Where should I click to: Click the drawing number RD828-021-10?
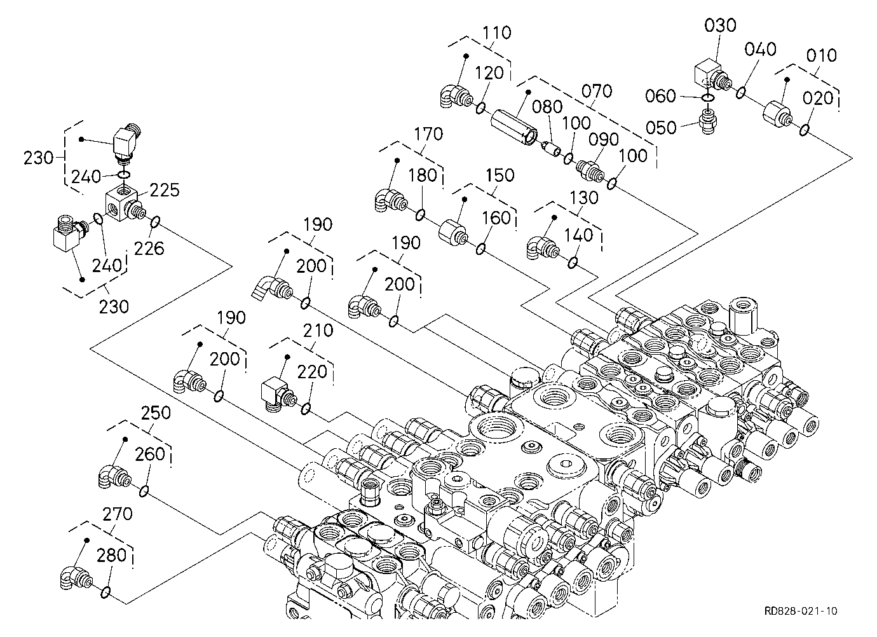pos(801,611)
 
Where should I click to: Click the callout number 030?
pos(720,25)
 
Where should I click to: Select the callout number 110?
pos(496,32)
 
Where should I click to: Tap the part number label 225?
pos(165,190)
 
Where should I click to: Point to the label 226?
pos(149,249)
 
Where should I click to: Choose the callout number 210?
pos(318,331)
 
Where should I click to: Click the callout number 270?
pos(118,514)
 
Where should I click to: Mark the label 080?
pos(547,107)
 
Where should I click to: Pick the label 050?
pos(661,128)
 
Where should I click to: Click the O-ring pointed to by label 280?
pos(105,592)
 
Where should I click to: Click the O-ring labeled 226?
pos(155,222)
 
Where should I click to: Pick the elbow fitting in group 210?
pos(278,395)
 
